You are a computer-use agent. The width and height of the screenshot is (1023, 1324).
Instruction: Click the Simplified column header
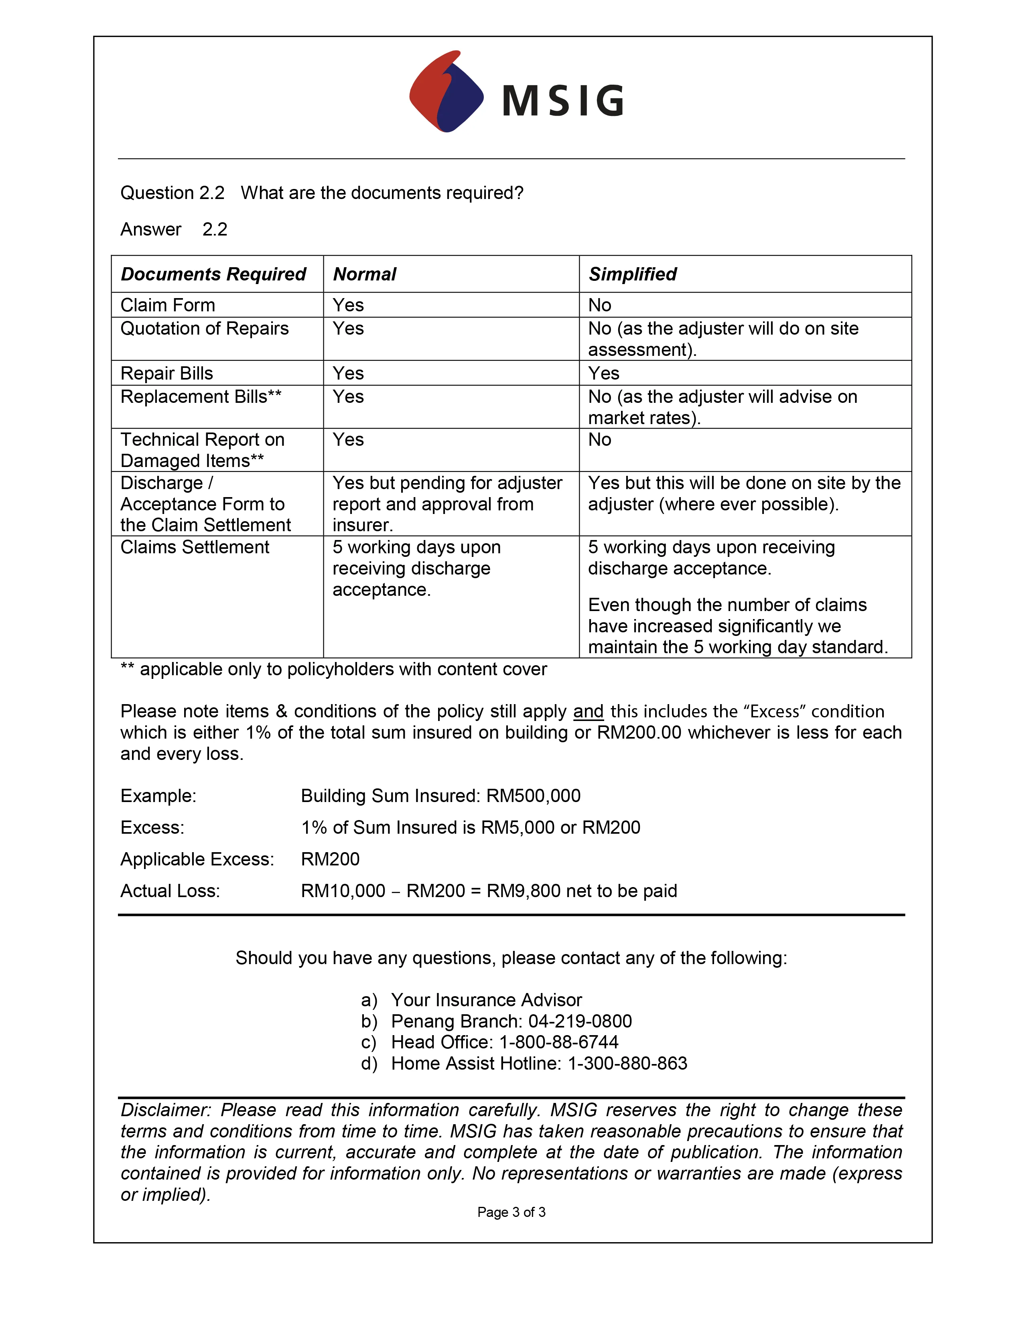coord(632,274)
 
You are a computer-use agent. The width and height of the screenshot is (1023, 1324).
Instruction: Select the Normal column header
coord(364,274)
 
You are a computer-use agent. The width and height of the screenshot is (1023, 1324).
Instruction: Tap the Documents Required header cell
coord(213,274)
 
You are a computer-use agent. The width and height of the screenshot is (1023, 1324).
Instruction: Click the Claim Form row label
coord(168,305)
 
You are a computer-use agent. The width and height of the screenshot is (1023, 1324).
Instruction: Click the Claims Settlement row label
coord(195,547)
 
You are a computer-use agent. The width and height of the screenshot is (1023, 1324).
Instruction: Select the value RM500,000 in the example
coord(533,795)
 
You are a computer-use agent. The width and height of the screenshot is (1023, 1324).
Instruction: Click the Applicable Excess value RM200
coord(330,859)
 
